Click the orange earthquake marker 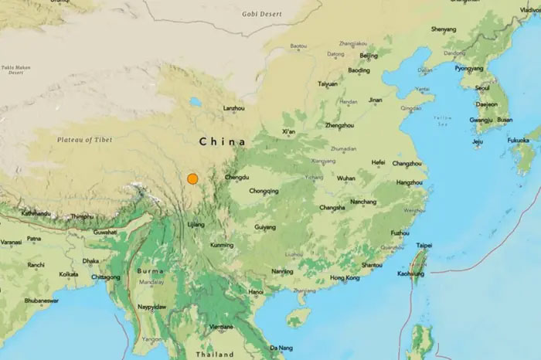[192, 179]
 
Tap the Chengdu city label [236, 178]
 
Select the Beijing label [369, 56]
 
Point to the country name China [222, 142]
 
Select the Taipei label [425, 246]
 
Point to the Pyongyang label [468, 67]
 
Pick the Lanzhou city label [233, 109]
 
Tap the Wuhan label [346, 178]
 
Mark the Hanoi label [256, 291]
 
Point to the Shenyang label [444, 29]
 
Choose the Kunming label [221, 245]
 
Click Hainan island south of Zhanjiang [298, 317]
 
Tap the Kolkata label [69, 273]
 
